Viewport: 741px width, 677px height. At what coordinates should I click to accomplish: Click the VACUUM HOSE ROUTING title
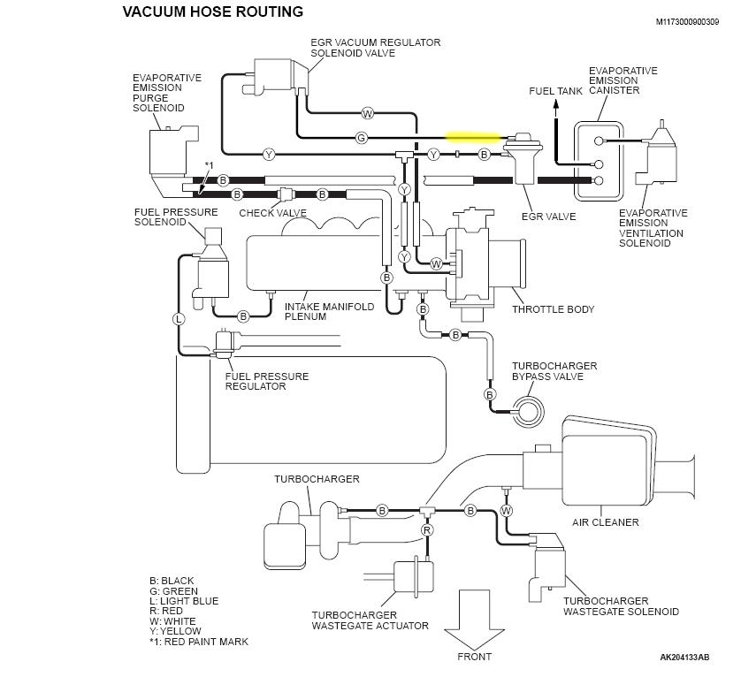212,12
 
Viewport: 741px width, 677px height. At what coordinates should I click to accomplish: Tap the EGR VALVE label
549,217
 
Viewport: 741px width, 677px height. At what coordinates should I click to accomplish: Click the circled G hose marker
361,138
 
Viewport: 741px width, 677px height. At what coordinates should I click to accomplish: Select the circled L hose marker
179,317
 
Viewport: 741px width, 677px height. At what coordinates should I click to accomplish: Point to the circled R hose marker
427,530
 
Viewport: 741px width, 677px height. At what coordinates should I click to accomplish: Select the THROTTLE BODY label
553,310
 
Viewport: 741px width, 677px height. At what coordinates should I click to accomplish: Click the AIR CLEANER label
605,522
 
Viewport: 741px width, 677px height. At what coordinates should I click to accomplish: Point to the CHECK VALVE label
273,213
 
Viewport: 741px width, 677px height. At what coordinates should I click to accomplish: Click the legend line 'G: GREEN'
173,591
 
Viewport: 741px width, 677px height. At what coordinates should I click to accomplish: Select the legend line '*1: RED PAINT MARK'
199,642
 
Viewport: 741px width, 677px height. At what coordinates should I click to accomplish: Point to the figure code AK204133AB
684,658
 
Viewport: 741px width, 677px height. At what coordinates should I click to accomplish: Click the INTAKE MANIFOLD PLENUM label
329,312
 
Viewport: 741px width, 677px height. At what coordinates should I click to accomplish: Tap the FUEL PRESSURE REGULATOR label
267,382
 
